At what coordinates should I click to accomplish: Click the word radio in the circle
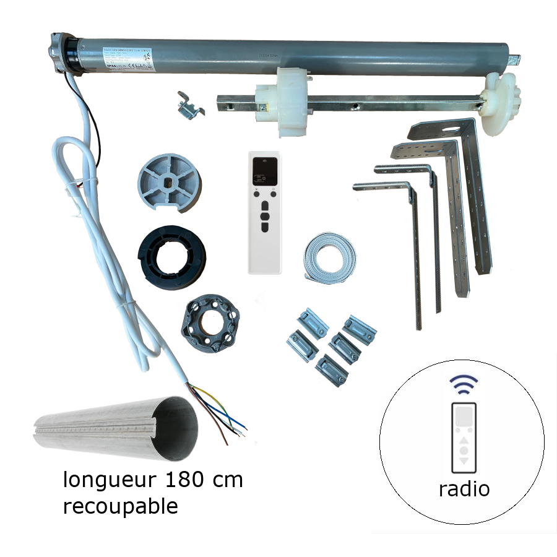(464, 489)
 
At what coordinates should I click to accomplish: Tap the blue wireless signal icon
(464, 384)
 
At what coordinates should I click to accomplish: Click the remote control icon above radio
(464, 437)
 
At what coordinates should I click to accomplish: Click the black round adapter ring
(171, 255)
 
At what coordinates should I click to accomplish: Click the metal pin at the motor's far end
(514, 59)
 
